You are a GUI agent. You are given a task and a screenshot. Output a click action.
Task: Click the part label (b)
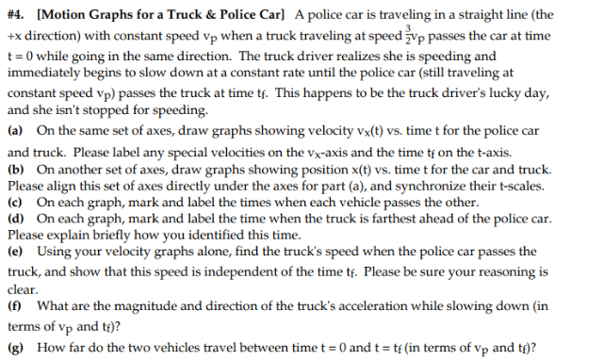15,169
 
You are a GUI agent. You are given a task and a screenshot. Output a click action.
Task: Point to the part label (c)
15,202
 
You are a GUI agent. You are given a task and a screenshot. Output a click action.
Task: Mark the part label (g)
15,346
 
